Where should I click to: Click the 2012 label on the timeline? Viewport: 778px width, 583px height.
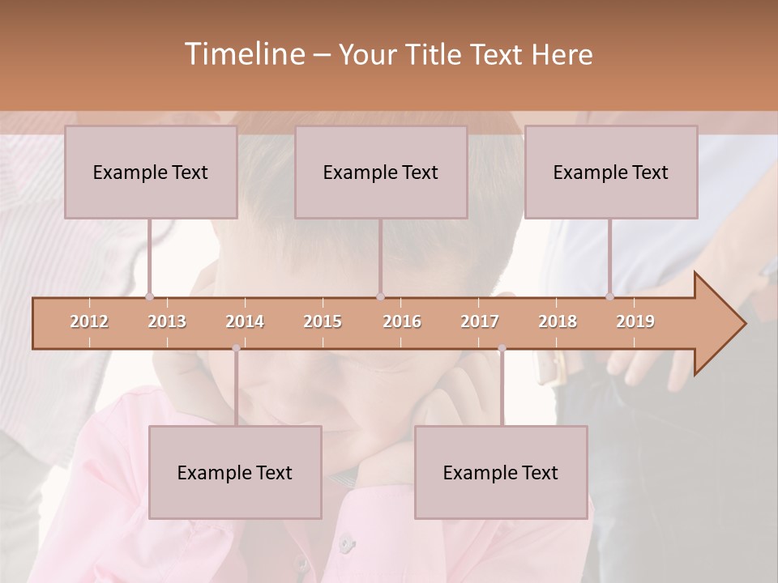[89, 321]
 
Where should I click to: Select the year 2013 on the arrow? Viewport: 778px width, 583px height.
[167, 321]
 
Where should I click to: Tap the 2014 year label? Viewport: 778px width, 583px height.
[245, 321]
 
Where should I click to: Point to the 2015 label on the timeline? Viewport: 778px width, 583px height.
[323, 321]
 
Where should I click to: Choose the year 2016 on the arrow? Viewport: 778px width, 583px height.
[402, 321]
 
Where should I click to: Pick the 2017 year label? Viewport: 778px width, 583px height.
[480, 321]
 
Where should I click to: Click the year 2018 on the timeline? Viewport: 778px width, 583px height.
[558, 321]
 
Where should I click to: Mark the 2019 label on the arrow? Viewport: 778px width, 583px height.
[635, 321]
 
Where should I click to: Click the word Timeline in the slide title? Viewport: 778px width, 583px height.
[243, 54]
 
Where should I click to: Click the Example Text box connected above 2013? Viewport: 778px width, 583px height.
[151, 172]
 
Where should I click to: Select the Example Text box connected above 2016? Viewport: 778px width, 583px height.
[381, 172]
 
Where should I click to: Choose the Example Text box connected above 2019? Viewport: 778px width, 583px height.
[611, 172]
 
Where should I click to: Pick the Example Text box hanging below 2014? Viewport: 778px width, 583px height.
[235, 472]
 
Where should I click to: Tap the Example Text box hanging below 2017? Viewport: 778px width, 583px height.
[501, 472]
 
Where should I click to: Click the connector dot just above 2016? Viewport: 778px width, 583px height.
[381, 297]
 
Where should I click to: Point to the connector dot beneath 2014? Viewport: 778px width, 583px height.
[236, 348]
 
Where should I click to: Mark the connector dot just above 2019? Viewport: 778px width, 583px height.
[610, 297]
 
